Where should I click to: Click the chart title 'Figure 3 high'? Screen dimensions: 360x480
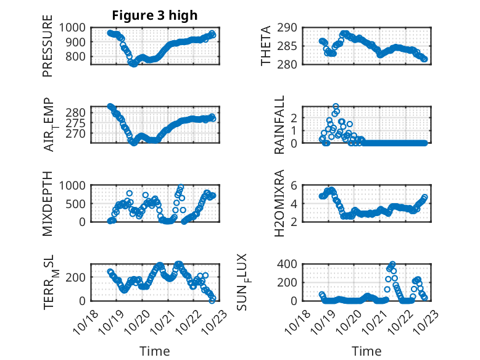click(155, 15)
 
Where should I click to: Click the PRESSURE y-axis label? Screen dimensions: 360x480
click(48, 47)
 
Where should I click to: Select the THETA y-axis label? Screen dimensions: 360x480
click(266, 46)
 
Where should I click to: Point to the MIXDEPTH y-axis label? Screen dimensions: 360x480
click(48, 203)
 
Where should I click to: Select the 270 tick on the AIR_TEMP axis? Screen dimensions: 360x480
click(80, 133)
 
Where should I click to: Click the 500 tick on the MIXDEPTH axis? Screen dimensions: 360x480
click(80, 203)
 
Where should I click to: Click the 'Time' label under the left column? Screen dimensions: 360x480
click(154, 351)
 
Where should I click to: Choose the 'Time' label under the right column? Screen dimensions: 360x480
click(366, 351)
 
